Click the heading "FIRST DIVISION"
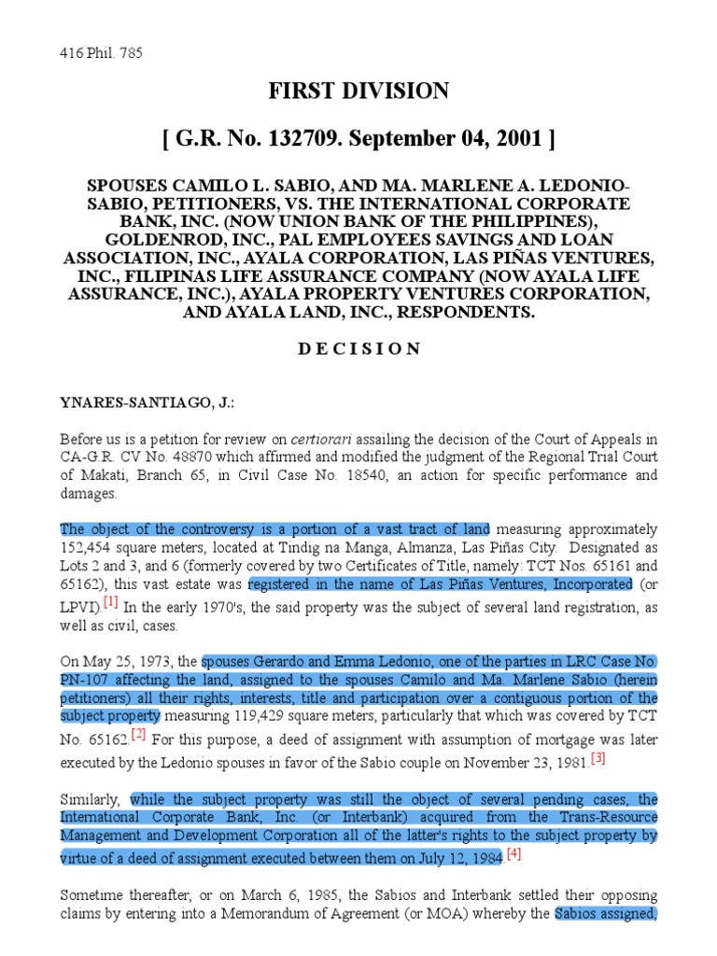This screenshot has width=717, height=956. (x=358, y=91)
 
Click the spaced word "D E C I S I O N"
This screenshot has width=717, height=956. (x=358, y=348)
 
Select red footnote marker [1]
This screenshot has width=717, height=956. (x=110, y=601)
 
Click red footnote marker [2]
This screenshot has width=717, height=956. (x=138, y=734)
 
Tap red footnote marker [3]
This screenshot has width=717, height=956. (x=597, y=758)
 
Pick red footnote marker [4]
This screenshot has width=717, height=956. (x=513, y=854)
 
